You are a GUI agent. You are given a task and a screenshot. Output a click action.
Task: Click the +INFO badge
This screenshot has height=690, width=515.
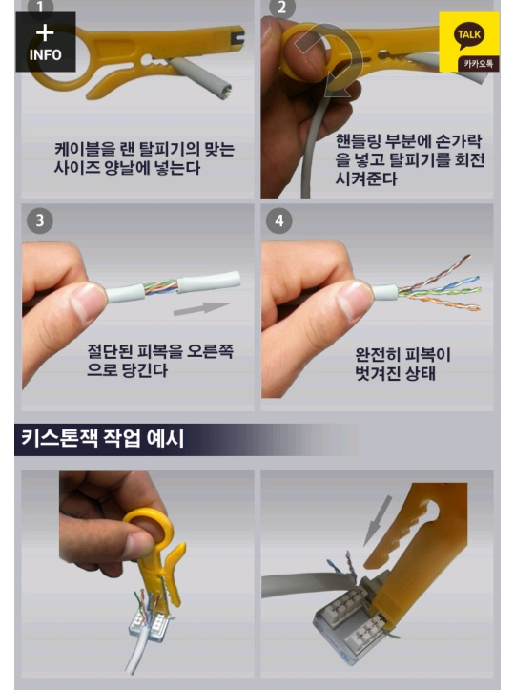point(46,42)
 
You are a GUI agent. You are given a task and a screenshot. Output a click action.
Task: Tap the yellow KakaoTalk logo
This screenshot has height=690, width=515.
point(469,42)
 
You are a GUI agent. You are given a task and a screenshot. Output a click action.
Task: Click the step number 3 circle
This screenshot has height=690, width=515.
point(40,220)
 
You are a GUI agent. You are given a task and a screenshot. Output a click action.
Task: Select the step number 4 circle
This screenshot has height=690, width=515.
point(279,220)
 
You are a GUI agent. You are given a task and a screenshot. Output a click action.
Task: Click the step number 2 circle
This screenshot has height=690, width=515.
point(281,7)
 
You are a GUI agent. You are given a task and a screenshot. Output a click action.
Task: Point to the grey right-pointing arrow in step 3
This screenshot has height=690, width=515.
point(202,308)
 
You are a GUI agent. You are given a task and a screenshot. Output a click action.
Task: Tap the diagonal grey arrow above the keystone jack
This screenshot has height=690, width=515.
point(378,520)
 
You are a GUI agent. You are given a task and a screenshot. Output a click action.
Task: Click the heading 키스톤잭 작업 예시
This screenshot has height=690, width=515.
point(103,439)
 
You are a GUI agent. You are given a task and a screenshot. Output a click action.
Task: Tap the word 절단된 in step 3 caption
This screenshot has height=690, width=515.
point(110,351)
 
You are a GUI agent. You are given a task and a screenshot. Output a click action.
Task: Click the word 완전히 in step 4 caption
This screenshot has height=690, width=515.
point(378,355)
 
